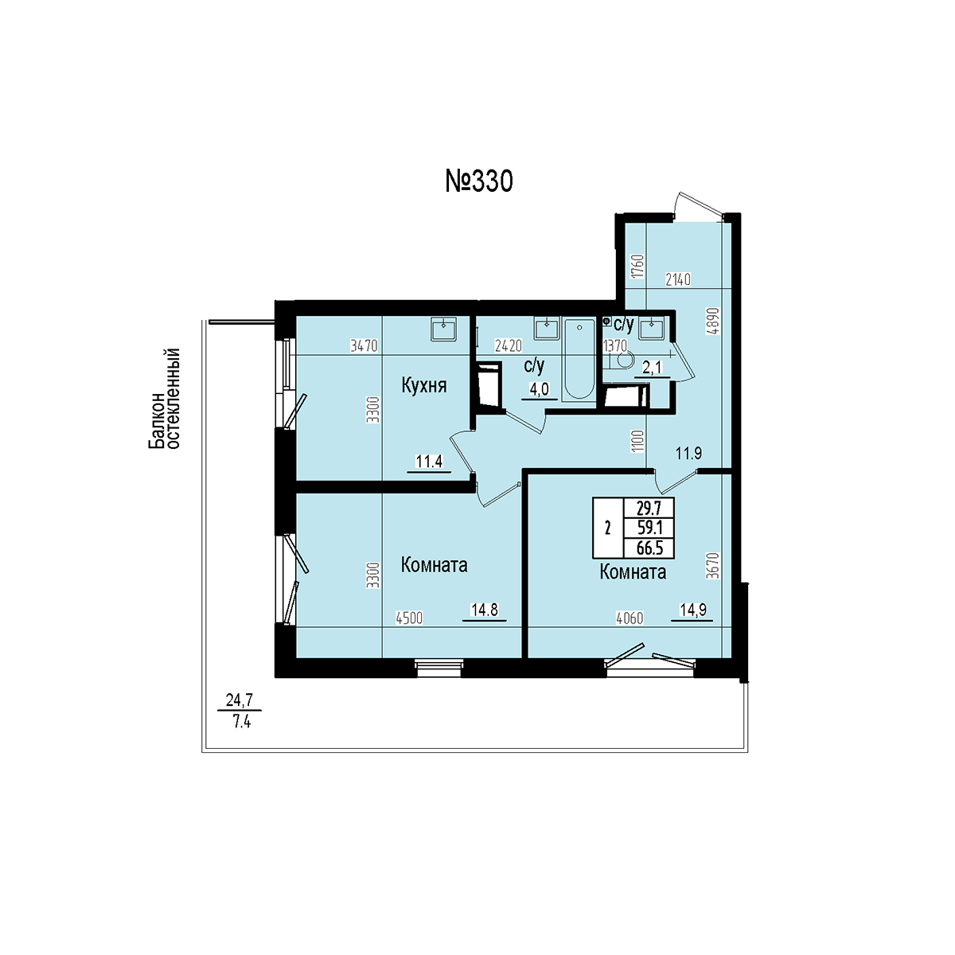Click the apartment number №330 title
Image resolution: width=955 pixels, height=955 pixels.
(x=479, y=181)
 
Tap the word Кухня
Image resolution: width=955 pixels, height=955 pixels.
(x=423, y=385)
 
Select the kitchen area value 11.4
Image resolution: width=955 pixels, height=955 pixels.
(x=429, y=462)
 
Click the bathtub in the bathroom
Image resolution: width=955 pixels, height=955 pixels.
(x=579, y=359)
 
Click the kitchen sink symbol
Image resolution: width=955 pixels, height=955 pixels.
(x=443, y=329)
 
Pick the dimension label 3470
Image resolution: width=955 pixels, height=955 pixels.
(x=364, y=345)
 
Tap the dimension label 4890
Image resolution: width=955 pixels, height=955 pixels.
(x=713, y=322)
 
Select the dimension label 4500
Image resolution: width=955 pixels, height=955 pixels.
(x=409, y=618)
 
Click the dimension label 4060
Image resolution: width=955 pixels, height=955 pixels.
(x=630, y=618)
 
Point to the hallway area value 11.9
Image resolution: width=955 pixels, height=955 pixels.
(x=689, y=453)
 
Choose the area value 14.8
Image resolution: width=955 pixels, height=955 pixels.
(x=484, y=610)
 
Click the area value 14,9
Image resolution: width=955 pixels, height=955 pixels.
(x=693, y=610)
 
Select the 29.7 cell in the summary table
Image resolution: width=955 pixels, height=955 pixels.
(x=649, y=508)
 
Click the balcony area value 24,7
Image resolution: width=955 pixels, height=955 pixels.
(x=240, y=700)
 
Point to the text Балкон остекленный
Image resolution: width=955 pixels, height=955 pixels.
(x=164, y=399)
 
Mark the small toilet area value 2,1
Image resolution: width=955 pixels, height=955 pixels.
(x=652, y=367)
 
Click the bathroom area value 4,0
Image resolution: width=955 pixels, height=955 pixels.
(x=540, y=389)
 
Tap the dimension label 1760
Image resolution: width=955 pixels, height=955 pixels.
(x=639, y=266)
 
